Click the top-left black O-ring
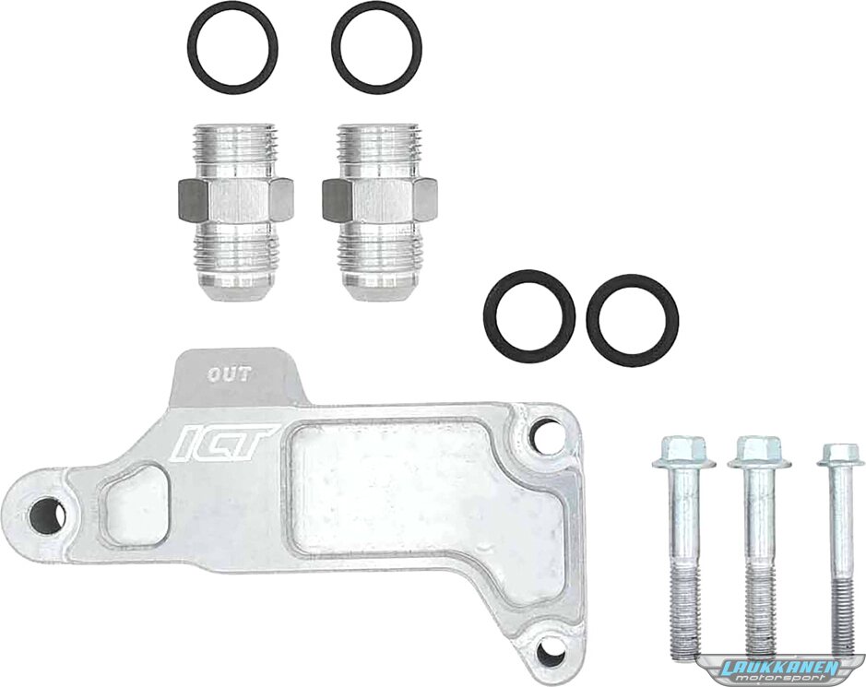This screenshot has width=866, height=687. pyautogui.click(x=189, y=50)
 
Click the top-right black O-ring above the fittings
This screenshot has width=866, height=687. pyautogui.click(x=333, y=50)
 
